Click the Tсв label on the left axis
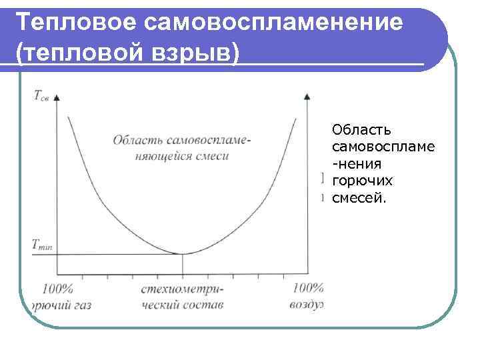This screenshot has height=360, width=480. click(x=41, y=95)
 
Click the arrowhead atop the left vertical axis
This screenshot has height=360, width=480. click(x=57, y=97)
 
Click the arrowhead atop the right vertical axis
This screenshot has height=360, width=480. click(x=307, y=97)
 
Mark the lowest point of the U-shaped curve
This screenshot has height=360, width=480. click(x=183, y=253)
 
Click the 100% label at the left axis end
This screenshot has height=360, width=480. click(x=57, y=289)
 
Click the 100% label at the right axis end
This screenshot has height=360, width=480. click(x=307, y=289)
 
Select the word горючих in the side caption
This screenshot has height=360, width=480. click(x=362, y=181)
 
